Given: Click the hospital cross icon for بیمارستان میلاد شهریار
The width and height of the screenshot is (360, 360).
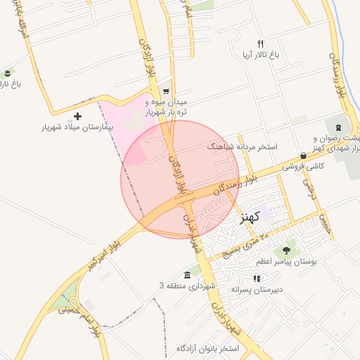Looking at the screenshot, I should pos(77,116).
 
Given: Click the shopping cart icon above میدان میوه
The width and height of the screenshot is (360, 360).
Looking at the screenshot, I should pos(166,91).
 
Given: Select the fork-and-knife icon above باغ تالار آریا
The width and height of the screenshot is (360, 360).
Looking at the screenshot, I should pos(261,44).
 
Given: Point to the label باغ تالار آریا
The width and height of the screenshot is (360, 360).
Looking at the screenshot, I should pos(261,54).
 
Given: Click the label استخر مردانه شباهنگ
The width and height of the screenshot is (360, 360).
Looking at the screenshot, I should pos(242,147).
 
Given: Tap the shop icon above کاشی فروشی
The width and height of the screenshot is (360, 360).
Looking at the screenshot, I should pos(303,156).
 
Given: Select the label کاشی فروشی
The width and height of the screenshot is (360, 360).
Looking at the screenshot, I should pos(302,167).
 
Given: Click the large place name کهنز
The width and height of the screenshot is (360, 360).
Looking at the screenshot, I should pos(250,216).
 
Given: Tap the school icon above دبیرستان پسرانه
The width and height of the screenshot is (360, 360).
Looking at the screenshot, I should pos(257,278).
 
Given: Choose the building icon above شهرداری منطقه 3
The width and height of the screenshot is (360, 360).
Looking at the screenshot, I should pos(187,275).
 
